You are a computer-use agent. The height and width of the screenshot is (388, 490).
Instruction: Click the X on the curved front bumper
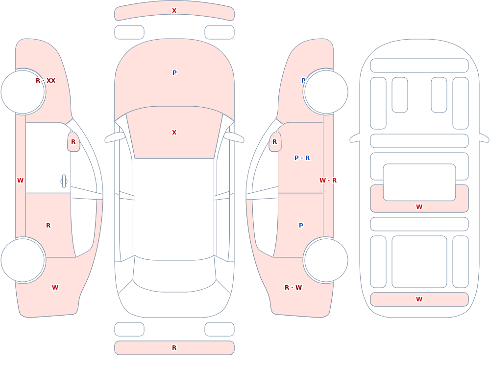pyautogui.click(x=174, y=11)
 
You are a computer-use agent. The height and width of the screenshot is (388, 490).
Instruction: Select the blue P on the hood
pyautogui.click(x=174, y=73)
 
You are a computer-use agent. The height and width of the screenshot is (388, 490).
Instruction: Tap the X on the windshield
pyautogui.click(x=174, y=133)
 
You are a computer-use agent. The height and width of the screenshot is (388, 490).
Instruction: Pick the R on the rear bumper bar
pyautogui.click(x=174, y=348)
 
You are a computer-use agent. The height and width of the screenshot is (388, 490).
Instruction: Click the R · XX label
pyautogui.click(x=46, y=81)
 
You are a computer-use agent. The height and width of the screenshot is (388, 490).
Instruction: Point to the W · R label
pyautogui.click(x=328, y=181)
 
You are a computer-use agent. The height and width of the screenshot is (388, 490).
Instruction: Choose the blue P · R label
pyautogui.click(x=302, y=158)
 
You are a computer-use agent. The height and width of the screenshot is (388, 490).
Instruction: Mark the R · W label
pyautogui.click(x=293, y=288)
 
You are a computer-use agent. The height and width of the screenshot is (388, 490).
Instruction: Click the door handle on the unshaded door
pyautogui.click(x=64, y=182)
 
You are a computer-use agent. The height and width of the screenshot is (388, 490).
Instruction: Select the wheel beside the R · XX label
pyautogui.click(x=23, y=92)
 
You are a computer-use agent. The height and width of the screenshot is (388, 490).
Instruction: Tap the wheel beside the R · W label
pyautogui.click(x=326, y=260)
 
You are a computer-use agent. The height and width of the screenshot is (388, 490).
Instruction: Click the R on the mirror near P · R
pyautogui.click(x=275, y=142)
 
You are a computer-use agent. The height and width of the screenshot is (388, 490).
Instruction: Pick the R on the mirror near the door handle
pyautogui.click(x=73, y=142)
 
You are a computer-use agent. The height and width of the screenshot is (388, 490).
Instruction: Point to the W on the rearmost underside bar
pyautogui.click(x=419, y=299)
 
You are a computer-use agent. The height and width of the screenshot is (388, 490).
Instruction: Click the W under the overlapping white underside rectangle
pyautogui.click(x=419, y=206)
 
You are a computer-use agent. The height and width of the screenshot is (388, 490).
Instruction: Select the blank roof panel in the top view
pyautogui.click(x=174, y=209)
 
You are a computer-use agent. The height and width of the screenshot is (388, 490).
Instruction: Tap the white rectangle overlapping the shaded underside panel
pyautogui.click(x=419, y=183)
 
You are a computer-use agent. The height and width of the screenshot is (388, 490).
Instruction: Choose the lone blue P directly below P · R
pyautogui.click(x=301, y=226)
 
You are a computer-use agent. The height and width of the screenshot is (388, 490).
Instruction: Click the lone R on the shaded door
pyautogui.click(x=48, y=226)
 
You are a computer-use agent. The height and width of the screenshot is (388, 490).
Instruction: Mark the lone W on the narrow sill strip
pyautogui.click(x=20, y=181)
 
